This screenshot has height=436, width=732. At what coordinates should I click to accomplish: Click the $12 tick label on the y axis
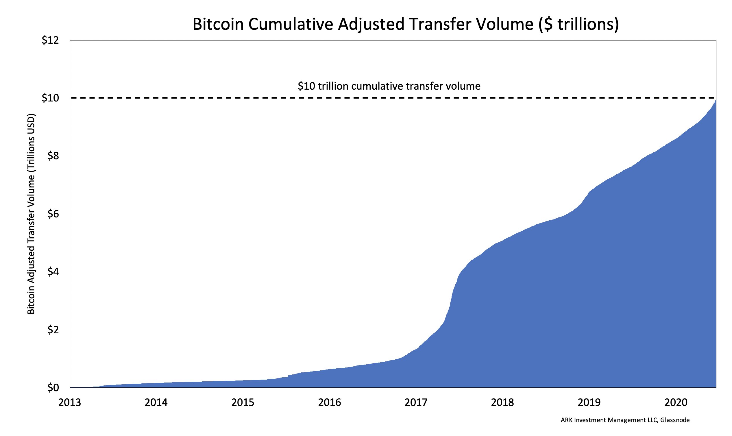[x=50, y=40]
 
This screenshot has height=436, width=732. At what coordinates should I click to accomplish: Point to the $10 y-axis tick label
[x=50, y=98]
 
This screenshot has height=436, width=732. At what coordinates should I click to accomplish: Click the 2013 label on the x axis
[x=70, y=402]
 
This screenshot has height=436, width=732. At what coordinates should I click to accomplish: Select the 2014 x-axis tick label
[x=156, y=402]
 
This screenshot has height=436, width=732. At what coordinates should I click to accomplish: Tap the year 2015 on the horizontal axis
[x=243, y=402]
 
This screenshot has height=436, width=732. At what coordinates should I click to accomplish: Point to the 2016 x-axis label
[x=330, y=402]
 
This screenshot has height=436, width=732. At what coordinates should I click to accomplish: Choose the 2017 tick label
[x=416, y=402]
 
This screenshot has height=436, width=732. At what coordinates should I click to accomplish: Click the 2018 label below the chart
[x=502, y=402]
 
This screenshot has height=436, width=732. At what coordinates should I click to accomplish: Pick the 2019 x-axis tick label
[x=589, y=402]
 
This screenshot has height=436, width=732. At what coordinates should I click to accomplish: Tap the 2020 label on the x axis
[x=676, y=402]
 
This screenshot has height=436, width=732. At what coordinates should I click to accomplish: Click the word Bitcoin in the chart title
[x=218, y=25]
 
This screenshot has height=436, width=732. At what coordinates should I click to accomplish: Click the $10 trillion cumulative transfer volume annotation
[x=389, y=86]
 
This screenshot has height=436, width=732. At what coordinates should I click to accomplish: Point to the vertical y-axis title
[x=31, y=214]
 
